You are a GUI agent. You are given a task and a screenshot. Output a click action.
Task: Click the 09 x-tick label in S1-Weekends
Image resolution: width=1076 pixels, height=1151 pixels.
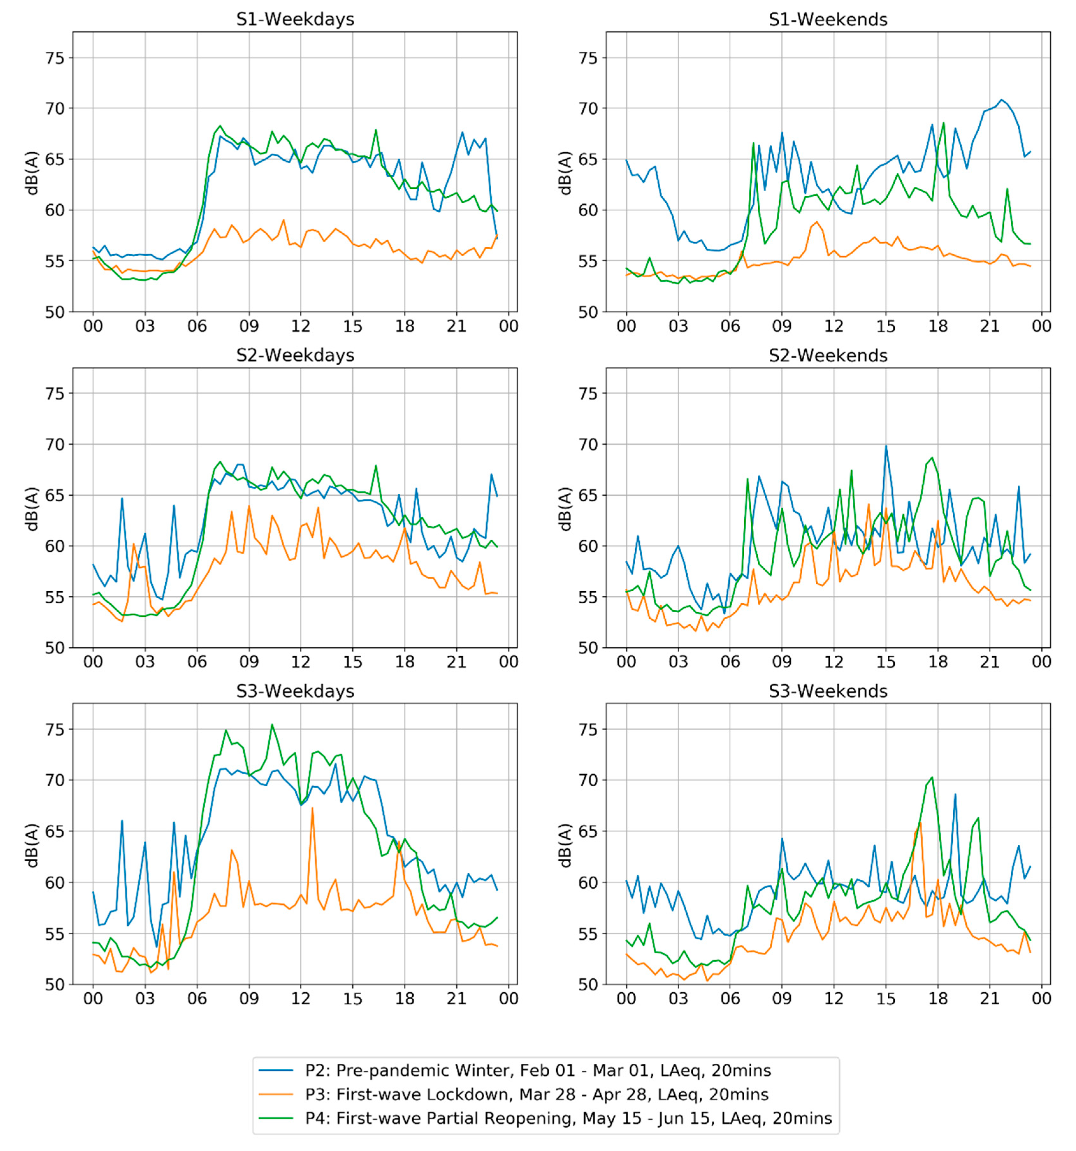click(782, 326)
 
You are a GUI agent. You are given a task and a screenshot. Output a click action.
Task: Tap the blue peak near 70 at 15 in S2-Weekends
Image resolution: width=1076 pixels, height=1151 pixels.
click(885, 446)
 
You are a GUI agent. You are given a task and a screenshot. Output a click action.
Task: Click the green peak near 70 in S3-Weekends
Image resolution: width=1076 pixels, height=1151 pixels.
click(932, 777)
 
